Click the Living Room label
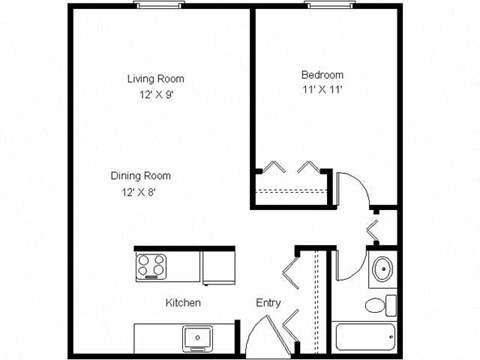pos(155,78)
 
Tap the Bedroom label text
pos(322,75)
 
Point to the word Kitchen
pos(183,302)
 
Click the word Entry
pos(268,302)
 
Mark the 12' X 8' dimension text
pos(139,192)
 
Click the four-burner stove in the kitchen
pos(154,266)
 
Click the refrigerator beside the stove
pos(217,266)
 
